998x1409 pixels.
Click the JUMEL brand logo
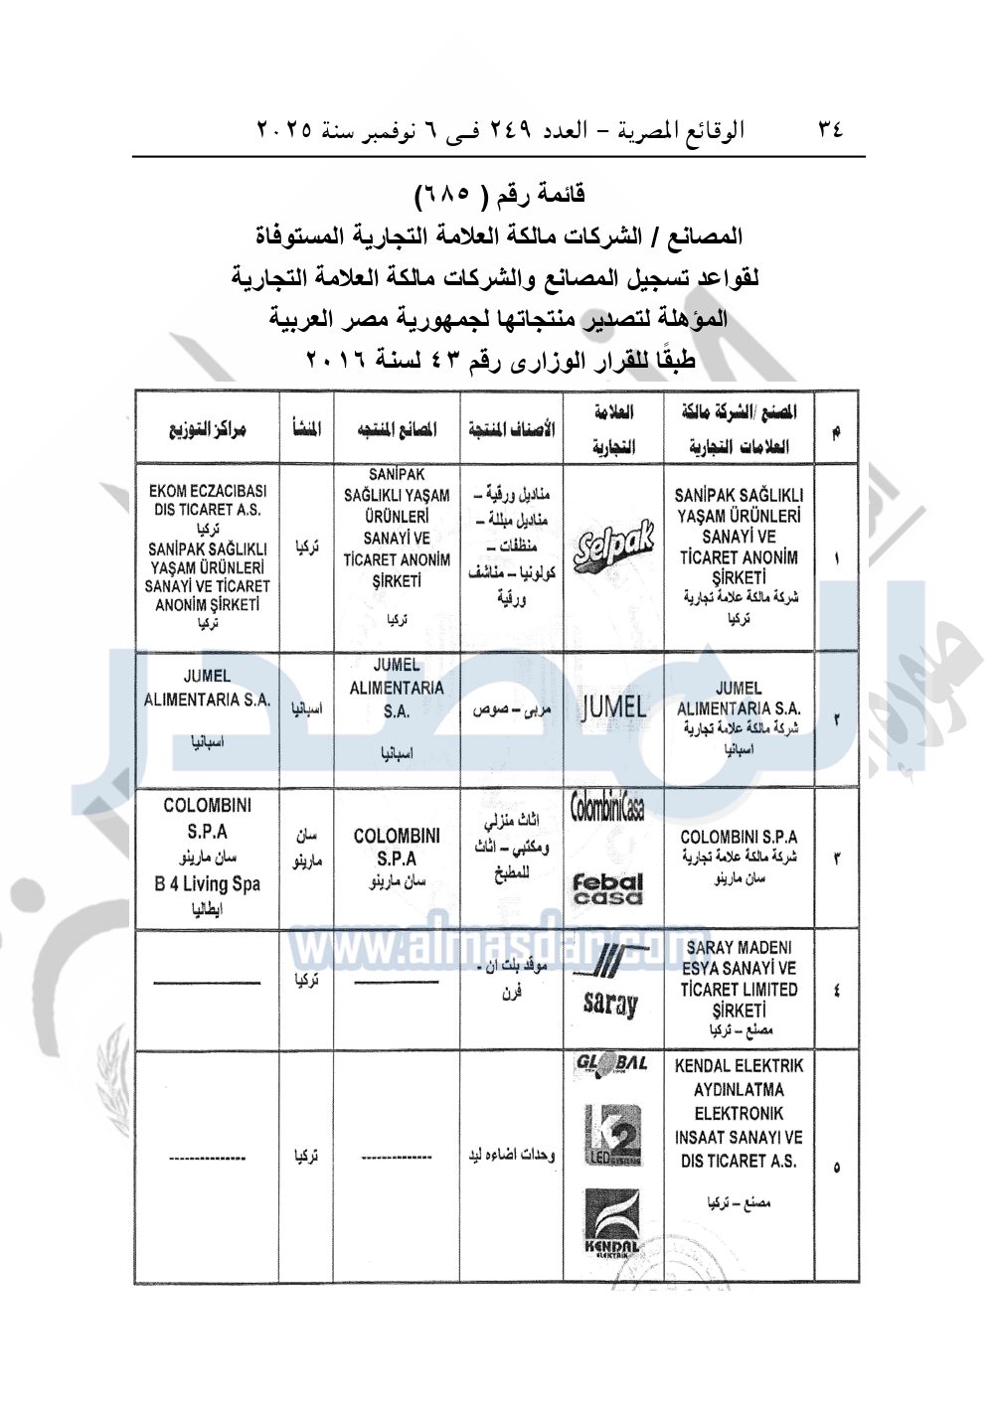tap(613, 707)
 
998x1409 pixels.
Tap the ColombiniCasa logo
tap(607, 808)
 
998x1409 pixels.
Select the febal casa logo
tap(607, 888)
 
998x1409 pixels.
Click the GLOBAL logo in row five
tap(611, 1064)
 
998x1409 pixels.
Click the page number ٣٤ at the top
tap(830, 128)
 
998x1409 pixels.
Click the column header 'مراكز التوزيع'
tap(207, 430)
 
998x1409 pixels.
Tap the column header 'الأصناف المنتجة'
tap(511, 430)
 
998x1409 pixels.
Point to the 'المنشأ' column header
tap(306, 430)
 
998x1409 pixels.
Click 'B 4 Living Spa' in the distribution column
tap(207, 883)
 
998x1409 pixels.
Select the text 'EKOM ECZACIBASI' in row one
tap(207, 491)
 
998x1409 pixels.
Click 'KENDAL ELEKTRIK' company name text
tap(739, 1066)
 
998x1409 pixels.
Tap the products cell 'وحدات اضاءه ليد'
tap(511, 1156)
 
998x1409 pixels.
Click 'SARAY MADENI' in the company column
tap(739, 947)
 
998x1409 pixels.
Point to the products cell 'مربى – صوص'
tap(511, 710)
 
